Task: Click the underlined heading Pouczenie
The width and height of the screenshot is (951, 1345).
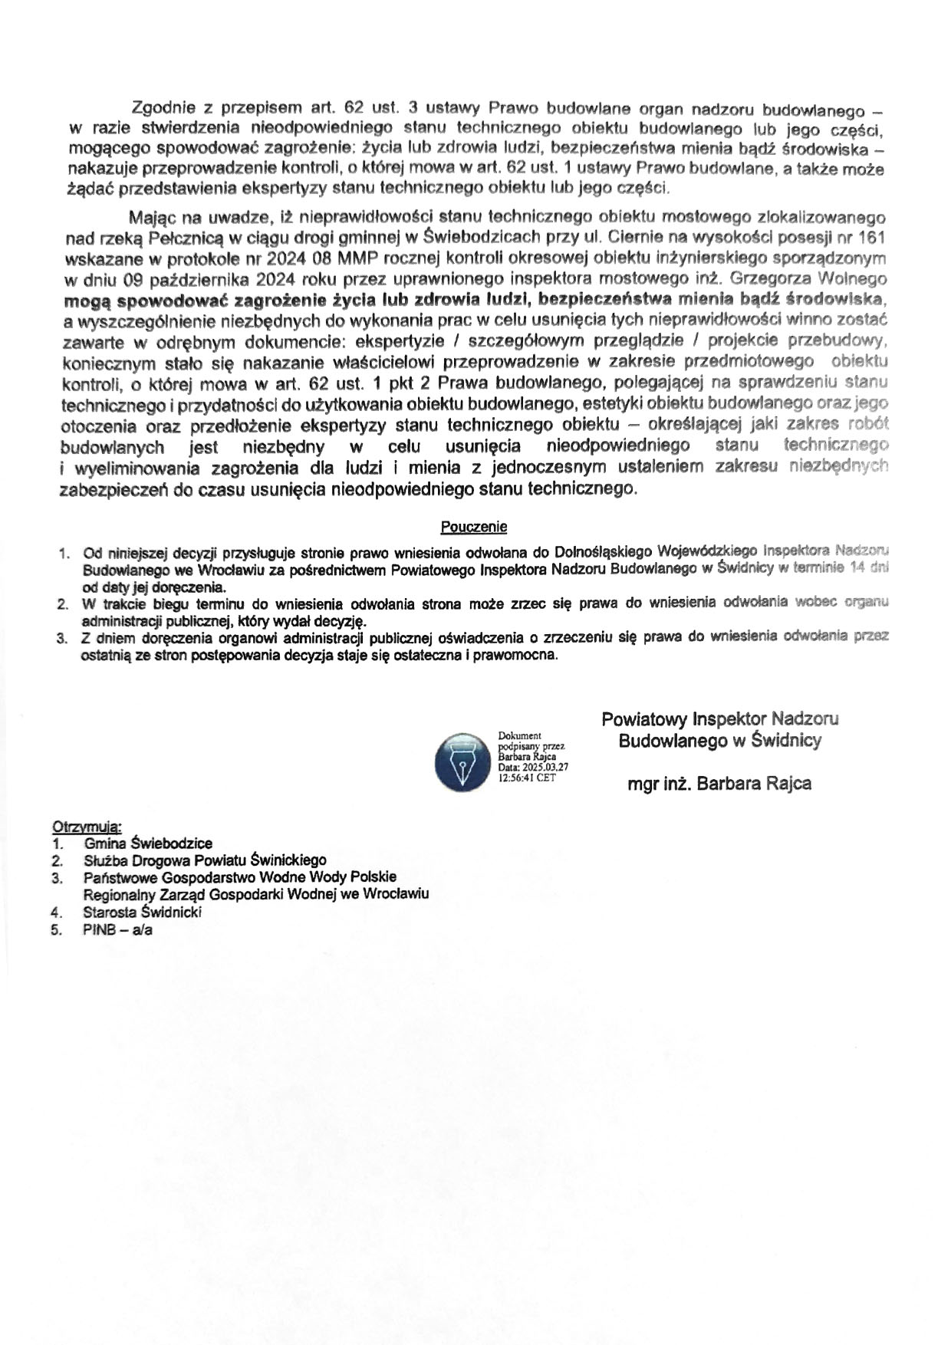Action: click(x=473, y=527)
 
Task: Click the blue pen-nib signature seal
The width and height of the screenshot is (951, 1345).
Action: click(x=462, y=762)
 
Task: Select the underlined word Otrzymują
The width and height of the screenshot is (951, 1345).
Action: click(x=87, y=826)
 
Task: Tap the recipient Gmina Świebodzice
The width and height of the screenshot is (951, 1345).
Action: click(x=148, y=844)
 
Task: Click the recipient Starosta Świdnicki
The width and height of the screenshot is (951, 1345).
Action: click(x=142, y=913)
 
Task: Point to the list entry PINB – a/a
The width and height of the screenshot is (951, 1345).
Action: click(x=118, y=930)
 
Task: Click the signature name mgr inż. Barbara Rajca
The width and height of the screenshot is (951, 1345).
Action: click(x=719, y=784)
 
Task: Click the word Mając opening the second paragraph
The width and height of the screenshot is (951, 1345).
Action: click(x=153, y=218)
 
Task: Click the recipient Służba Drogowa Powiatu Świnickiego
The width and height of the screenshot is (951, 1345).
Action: click(x=205, y=860)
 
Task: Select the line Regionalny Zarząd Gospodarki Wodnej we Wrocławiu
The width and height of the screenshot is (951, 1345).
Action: click(x=256, y=894)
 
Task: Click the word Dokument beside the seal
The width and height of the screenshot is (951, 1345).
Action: click(x=519, y=735)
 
